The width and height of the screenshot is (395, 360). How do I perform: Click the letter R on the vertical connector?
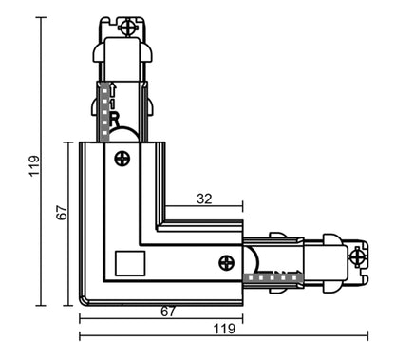coord(114,121)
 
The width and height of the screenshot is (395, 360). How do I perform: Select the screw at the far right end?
coord(357,254)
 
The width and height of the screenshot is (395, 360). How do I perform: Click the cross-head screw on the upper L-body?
coord(122,159)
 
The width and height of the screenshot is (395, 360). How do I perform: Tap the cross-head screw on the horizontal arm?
coord(226,262)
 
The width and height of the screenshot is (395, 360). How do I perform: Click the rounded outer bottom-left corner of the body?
coord(83,301)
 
